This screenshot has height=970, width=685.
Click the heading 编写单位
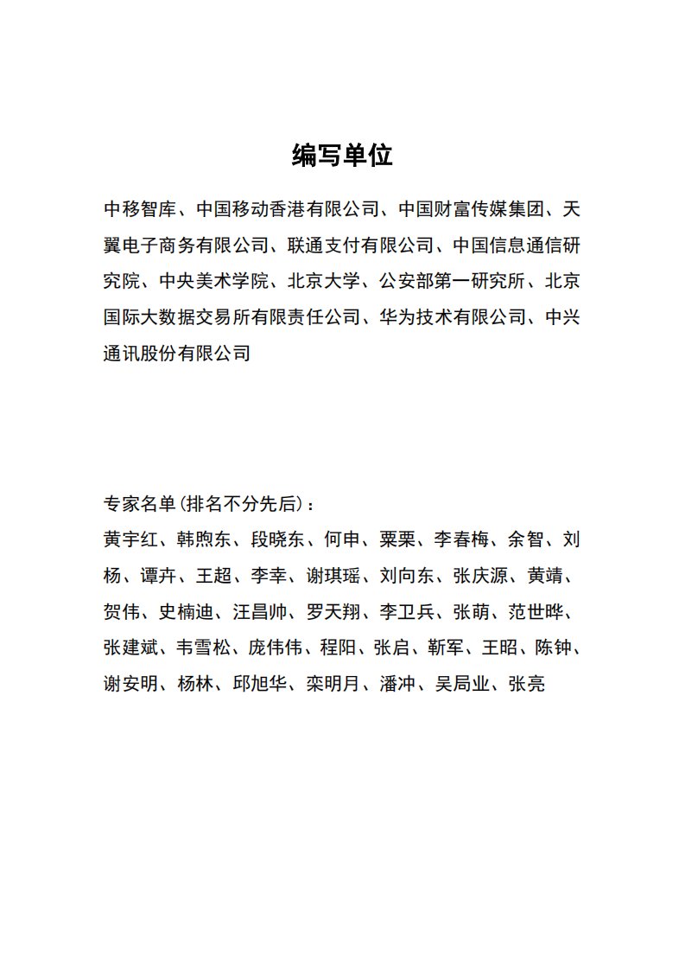point(342,156)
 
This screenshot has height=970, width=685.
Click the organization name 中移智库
point(139,208)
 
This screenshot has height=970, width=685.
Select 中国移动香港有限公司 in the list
point(288,208)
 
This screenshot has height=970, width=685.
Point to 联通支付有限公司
point(361,245)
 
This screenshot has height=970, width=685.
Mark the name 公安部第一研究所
point(453,281)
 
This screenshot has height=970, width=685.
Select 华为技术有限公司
point(453,317)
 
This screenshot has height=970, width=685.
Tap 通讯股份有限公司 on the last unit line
point(176,354)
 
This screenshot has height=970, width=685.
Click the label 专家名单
point(139,504)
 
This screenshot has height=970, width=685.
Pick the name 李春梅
point(461,540)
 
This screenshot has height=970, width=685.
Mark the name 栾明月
point(333,686)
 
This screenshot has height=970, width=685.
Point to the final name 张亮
point(526,686)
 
